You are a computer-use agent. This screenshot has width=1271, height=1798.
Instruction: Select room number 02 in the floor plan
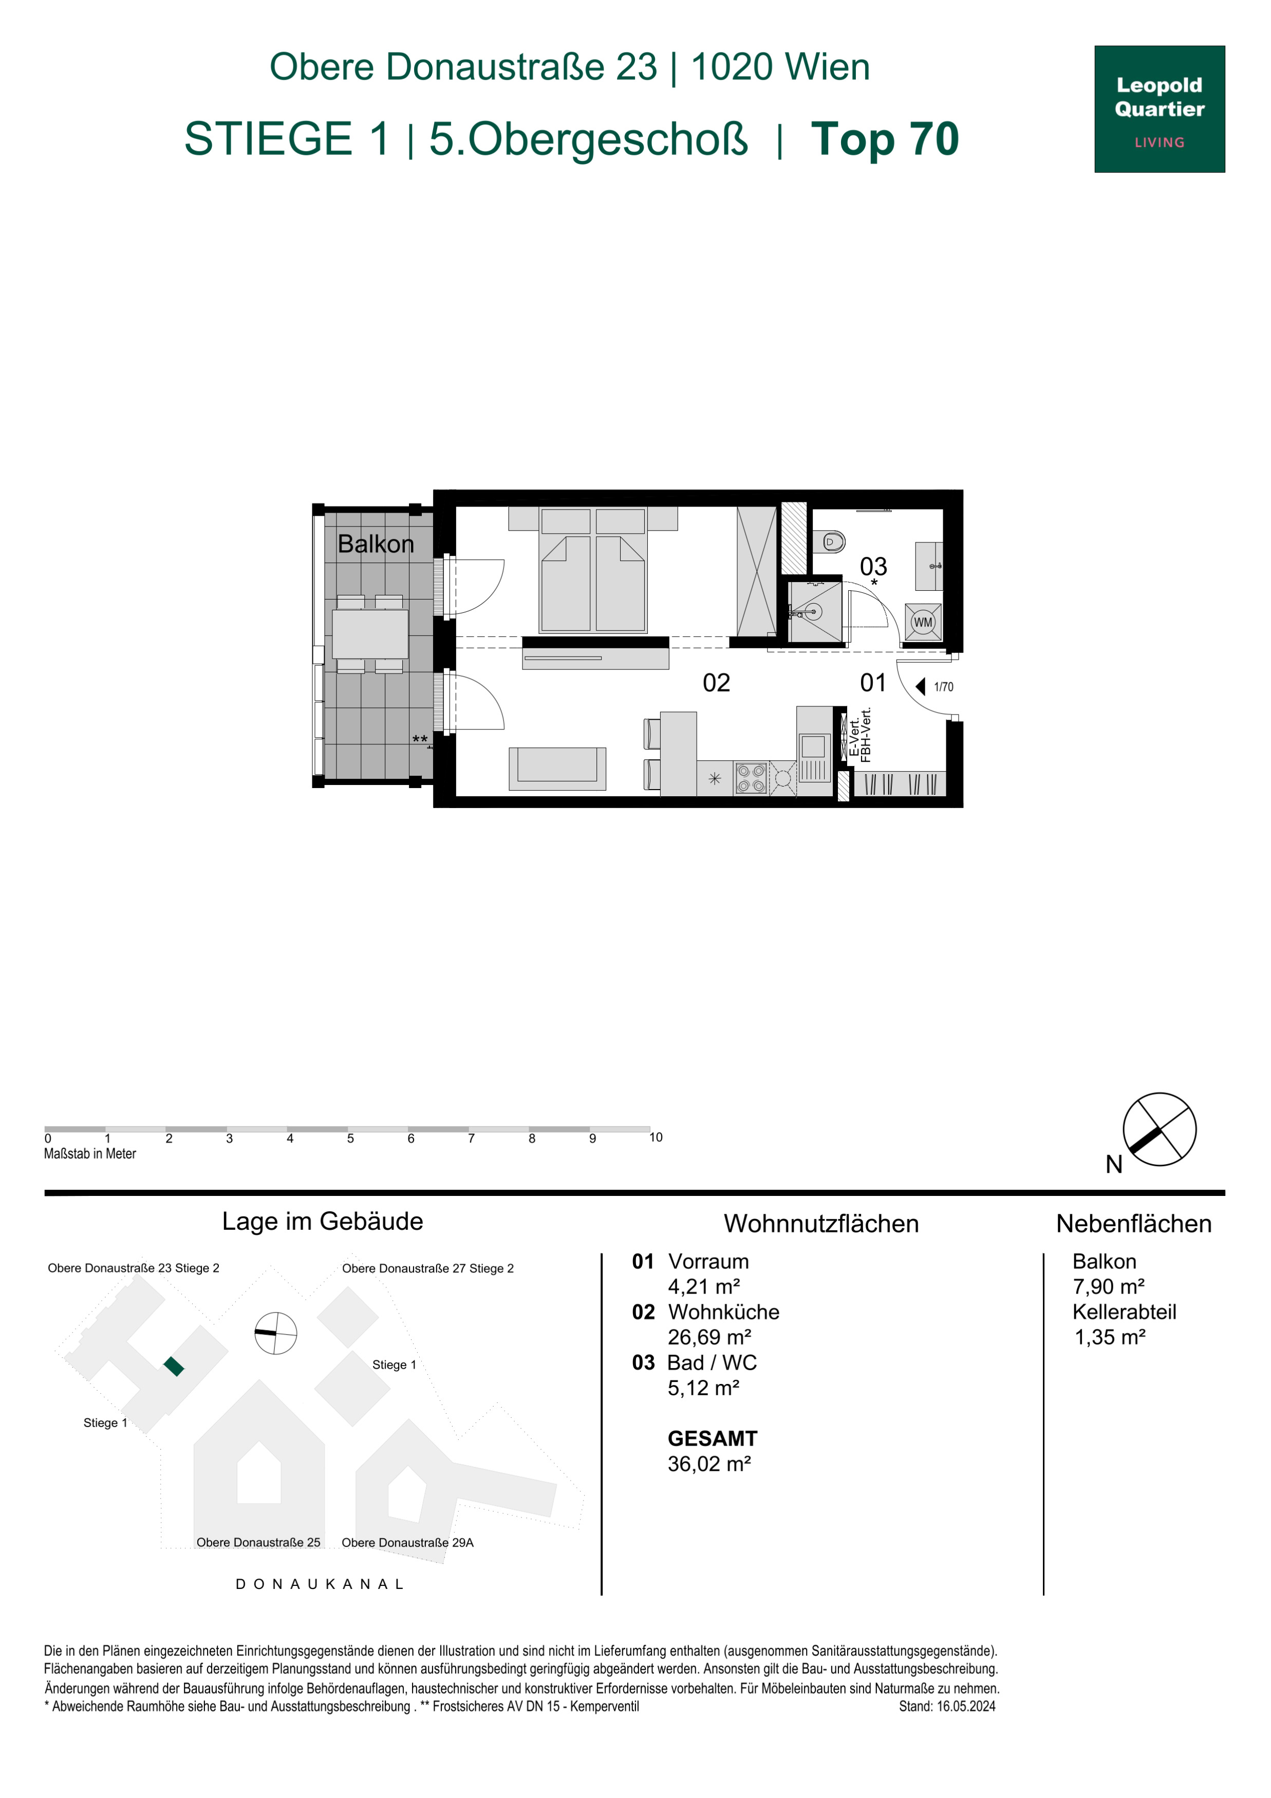[x=716, y=683]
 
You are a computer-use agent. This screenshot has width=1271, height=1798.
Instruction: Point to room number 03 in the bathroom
[x=873, y=566]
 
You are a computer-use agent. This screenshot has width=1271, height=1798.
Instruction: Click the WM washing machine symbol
[x=923, y=623]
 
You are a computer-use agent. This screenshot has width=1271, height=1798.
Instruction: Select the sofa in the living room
[x=557, y=768]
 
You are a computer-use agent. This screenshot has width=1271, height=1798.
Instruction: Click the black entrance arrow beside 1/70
[x=921, y=687]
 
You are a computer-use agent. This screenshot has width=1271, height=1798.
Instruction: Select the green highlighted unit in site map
[x=174, y=1366]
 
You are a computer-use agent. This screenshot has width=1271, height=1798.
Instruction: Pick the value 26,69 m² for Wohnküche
[x=709, y=1337]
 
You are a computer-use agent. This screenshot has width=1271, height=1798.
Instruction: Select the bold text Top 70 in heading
[x=885, y=139]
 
